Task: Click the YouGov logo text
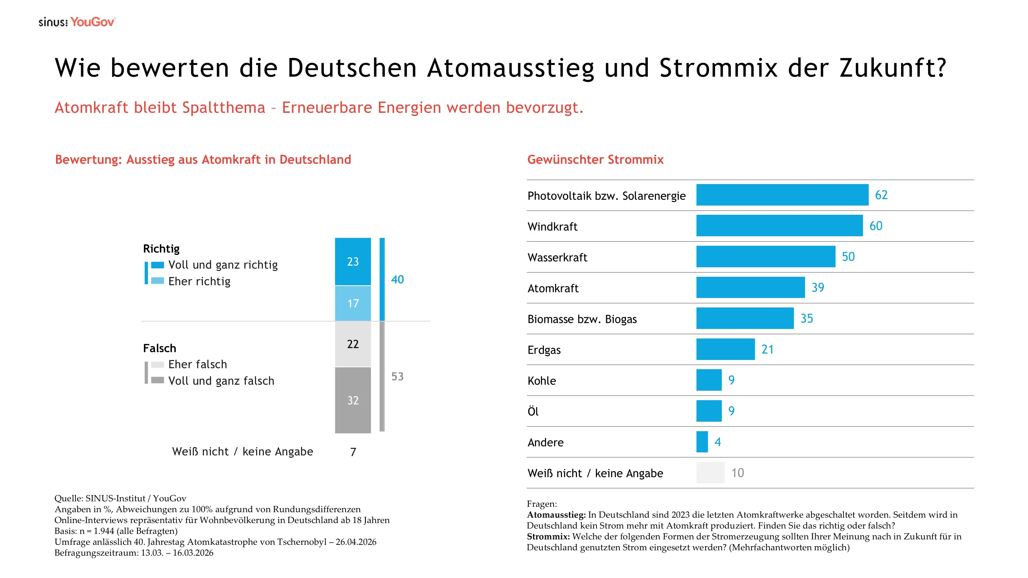point(92,22)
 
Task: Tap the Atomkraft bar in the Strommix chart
point(750,288)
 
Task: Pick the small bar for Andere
point(702,442)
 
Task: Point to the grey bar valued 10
point(710,473)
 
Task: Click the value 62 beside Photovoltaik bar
point(881,195)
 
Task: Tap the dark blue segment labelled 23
point(353,262)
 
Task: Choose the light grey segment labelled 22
point(353,344)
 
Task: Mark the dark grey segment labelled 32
point(353,400)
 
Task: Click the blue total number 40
point(398,280)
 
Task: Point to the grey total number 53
point(398,377)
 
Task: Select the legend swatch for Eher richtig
point(158,281)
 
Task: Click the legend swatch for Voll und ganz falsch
point(158,380)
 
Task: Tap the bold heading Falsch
point(160,348)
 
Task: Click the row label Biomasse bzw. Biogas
point(582,319)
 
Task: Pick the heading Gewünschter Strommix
point(595,160)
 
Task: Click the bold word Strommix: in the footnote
point(548,536)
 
